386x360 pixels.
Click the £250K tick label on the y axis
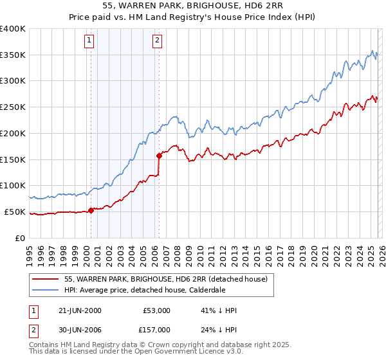(x=13, y=107)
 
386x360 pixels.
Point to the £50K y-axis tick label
(x=15, y=212)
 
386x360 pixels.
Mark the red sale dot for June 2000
(x=91, y=210)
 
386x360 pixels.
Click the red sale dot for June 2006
(x=159, y=155)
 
